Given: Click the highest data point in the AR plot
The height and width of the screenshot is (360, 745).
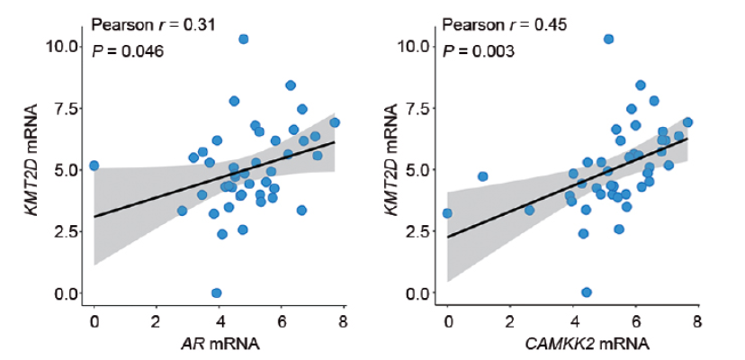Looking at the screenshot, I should point(243,39).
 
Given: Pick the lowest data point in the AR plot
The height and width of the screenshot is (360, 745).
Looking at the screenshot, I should point(216,292).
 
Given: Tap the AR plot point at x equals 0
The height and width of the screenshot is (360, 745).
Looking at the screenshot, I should point(94,166).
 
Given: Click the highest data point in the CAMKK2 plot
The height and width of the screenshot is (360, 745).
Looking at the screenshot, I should point(608,39).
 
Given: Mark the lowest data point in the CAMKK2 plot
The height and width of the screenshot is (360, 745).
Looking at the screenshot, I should point(587,292).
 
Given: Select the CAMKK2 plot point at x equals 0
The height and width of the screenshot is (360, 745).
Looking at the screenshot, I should point(448,213).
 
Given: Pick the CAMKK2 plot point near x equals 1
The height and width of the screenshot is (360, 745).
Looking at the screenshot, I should point(482,176).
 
